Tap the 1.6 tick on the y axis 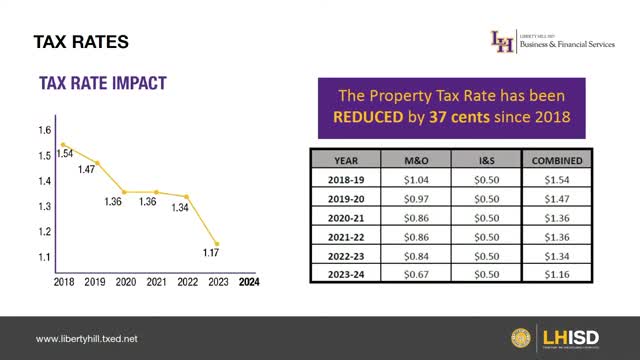[x=44, y=130]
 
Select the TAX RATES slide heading [x=80, y=42]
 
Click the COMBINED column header [x=546, y=160]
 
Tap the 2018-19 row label [x=346, y=180]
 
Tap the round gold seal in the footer [x=521, y=338]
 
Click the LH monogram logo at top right [x=501, y=41]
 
